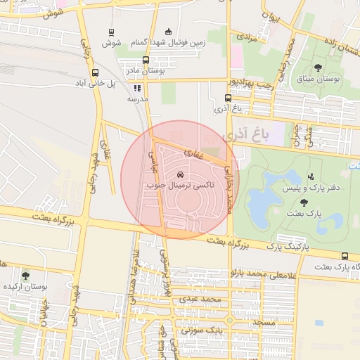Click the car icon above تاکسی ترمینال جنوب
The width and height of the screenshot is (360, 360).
pyautogui.click(x=181, y=174)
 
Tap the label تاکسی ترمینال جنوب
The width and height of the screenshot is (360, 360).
pyautogui.click(x=181, y=186)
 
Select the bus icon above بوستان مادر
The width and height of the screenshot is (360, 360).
pyautogui.click(x=146, y=60)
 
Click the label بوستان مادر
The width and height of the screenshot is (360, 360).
pyautogui.click(x=146, y=71)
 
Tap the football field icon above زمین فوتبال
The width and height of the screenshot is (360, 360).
pyautogui.click(x=167, y=32)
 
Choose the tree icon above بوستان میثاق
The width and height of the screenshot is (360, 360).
pyautogui.click(x=318, y=68)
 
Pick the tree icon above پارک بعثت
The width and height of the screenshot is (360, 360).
pyautogui.click(x=304, y=202)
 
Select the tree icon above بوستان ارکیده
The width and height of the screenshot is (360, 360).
pyautogui.click(x=26, y=276)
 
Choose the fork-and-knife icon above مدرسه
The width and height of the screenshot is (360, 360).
pyautogui.click(x=137, y=89)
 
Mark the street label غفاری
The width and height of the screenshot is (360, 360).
pyautogui.click(x=193, y=152)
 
